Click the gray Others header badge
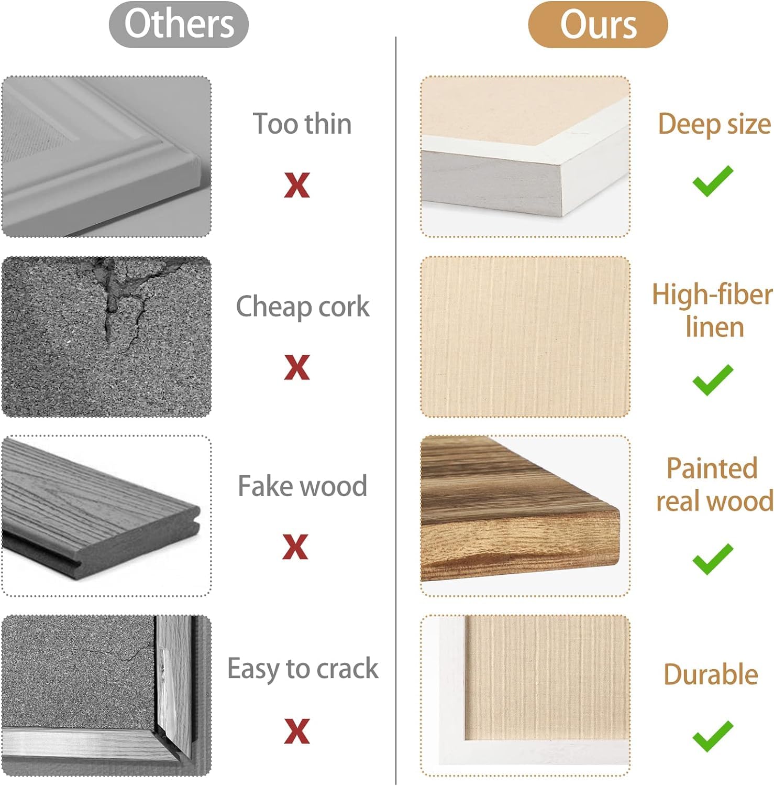pyautogui.click(x=179, y=25)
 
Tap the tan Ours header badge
pyautogui.click(x=598, y=25)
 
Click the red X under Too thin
pyautogui.click(x=297, y=185)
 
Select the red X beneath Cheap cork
pyautogui.click(x=297, y=367)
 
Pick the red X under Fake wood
pyautogui.click(x=295, y=547)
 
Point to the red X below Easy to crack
pyautogui.click(x=297, y=731)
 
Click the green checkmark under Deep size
pyautogui.click(x=713, y=181)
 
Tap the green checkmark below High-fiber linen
pyautogui.click(x=713, y=380)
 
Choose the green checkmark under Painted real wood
pyautogui.click(x=713, y=559)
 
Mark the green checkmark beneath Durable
pyautogui.click(x=713, y=736)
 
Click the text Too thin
pyautogui.click(x=302, y=124)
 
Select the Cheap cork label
pyautogui.click(x=303, y=307)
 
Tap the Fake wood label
pyautogui.click(x=302, y=486)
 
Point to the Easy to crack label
pyautogui.click(x=303, y=669)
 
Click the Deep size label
pyautogui.click(x=714, y=125)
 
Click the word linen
pyautogui.click(x=715, y=327)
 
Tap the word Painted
pyautogui.click(x=712, y=468)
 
